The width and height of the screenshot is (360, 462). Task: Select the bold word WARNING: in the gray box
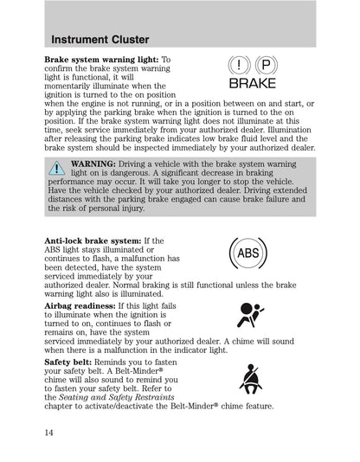[95, 164]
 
